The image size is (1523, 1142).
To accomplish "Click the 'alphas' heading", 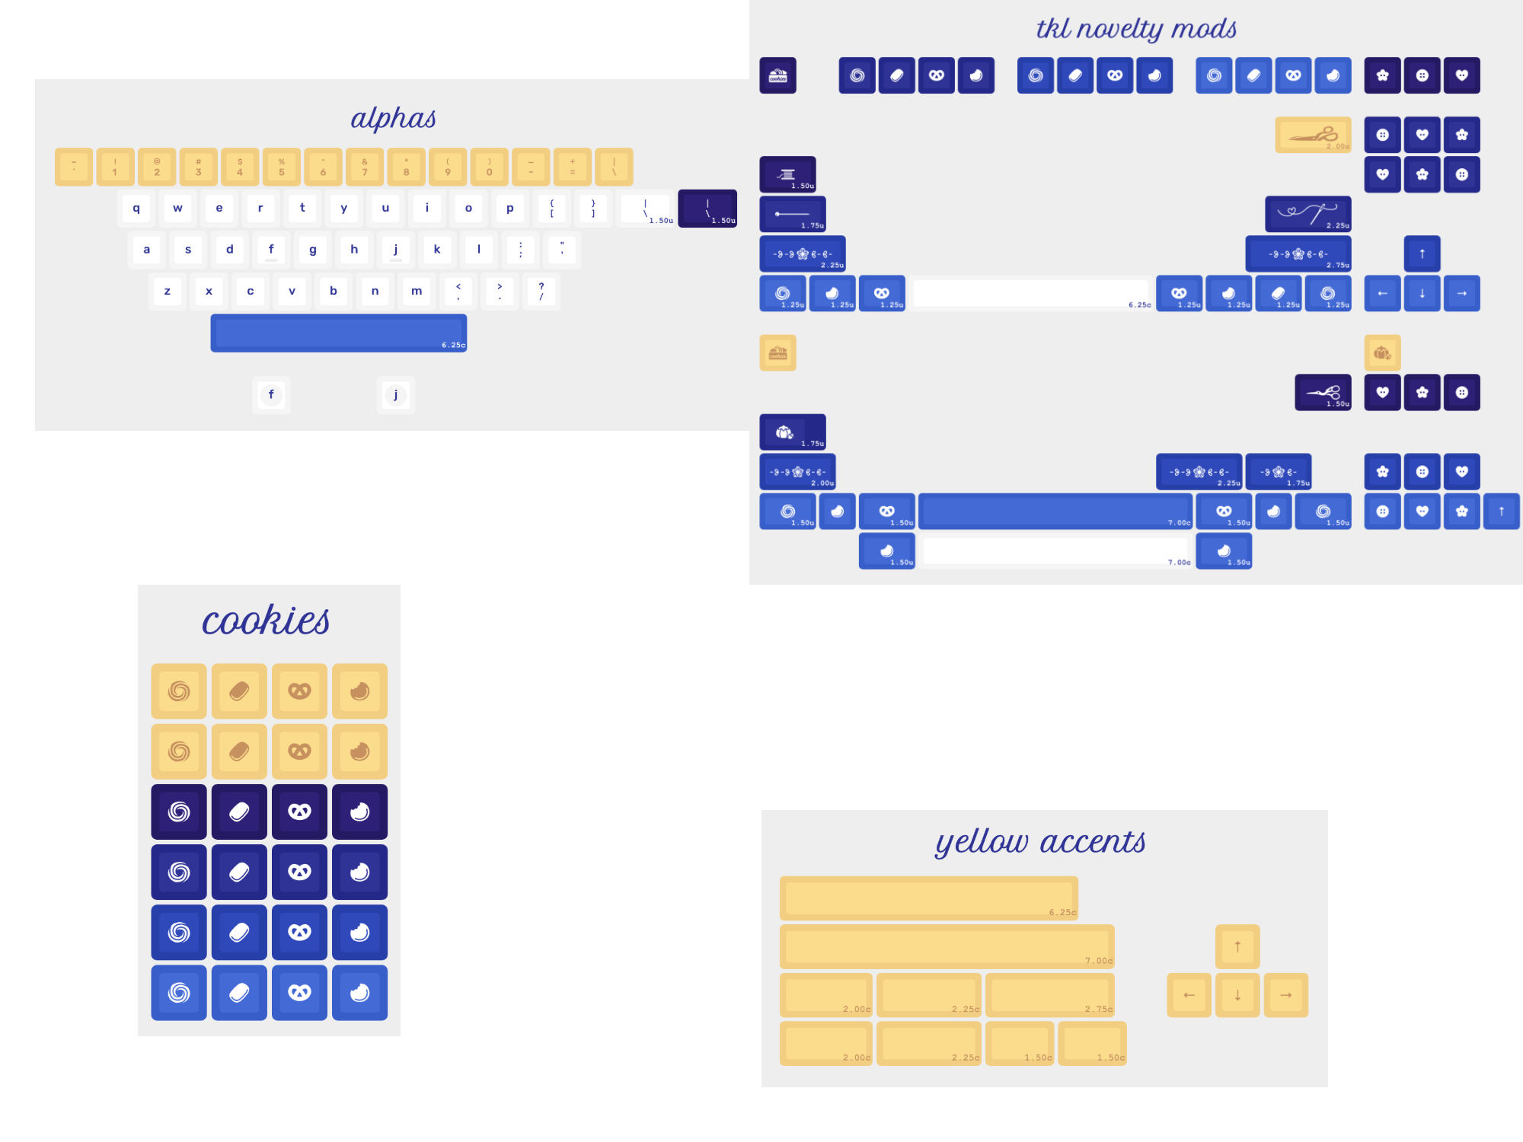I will point(393,119).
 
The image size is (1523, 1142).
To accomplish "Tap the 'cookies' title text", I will point(266,620).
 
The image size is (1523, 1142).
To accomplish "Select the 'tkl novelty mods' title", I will point(1135,29).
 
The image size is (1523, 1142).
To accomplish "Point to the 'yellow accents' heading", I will point(1040,842).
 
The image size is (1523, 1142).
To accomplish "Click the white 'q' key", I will point(136,208).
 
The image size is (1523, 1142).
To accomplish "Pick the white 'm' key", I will point(417,291).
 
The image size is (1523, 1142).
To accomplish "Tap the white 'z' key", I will point(168,291).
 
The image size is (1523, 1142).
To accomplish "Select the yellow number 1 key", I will point(115,167).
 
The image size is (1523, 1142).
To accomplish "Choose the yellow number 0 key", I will point(489,167).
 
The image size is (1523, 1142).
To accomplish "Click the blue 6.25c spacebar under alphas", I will point(338,333).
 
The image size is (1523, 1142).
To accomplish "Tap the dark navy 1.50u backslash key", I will point(707,208).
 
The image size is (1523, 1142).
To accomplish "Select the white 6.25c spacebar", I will point(1032,293).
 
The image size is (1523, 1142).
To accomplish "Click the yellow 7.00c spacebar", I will point(947,946).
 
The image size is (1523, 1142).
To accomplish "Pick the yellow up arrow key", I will point(1237,946).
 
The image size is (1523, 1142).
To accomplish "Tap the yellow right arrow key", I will point(1285,995).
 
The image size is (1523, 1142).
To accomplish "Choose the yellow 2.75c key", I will point(1049,995).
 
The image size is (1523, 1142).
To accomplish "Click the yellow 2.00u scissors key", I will point(1313,135).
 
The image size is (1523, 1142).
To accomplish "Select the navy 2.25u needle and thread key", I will point(1307,214).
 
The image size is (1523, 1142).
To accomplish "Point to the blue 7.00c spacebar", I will point(1055,511).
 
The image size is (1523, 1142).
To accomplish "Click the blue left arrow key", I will point(1382,293).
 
